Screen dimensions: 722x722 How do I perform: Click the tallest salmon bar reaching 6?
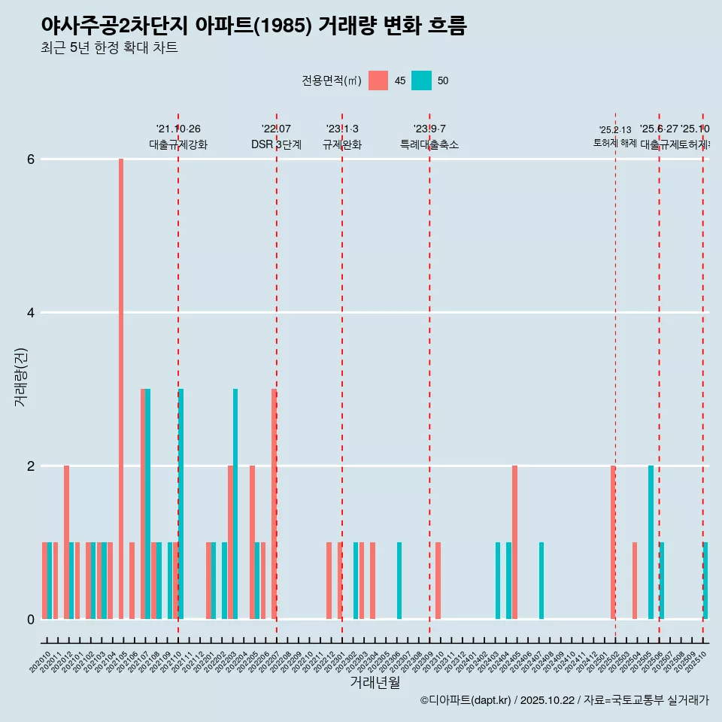point(121,389)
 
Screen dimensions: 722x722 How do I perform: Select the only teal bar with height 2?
point(651,542)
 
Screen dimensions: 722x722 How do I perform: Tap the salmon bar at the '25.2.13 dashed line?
point(613,542)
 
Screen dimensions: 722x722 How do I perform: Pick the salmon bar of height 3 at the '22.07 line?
point(274,504)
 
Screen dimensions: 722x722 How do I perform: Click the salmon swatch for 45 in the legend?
point(378,80)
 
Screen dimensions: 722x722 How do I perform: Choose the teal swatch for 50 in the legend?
point(422,80)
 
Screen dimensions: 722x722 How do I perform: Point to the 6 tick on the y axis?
point(31,159)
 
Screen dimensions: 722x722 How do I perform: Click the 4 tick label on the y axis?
point(31,313)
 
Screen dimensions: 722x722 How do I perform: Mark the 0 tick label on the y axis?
point(31,620)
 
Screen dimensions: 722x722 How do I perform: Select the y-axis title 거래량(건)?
point(20,377)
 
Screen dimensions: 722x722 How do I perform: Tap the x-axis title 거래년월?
point(375,682)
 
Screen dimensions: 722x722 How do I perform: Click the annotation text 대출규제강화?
point(178,144)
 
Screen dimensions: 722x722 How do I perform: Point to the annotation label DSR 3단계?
point(277,144)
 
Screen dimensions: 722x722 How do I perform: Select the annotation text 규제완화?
point(342,144)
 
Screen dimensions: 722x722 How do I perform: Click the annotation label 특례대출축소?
point(429,144)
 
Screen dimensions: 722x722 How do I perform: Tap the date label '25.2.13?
point(615,130)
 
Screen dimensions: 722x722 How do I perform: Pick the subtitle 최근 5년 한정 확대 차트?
point(109,48)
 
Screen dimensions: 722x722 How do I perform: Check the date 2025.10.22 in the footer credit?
point(548,701)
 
